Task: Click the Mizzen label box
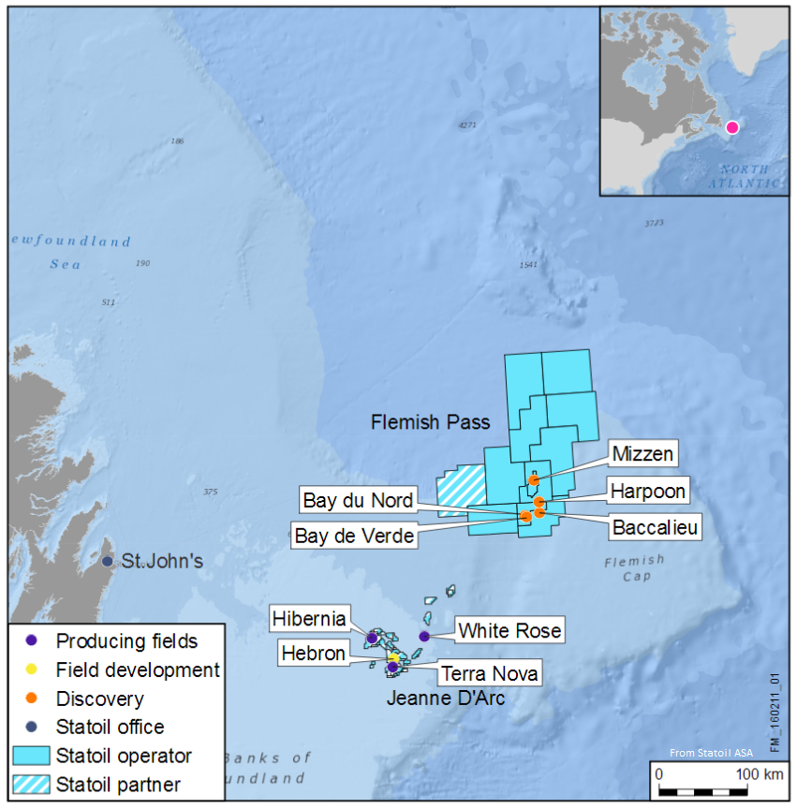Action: point(642,455)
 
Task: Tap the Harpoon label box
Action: point(647,491)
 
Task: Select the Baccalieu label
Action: point(656,528)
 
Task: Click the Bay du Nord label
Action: point(358,501)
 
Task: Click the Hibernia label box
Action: point(309,619)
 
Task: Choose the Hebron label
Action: point(313,654)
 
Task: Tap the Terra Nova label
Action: point(489,673)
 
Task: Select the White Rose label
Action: point(509,631)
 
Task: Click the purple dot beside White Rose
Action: point(424,637)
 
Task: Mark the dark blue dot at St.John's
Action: point(107,561)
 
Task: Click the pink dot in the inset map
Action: point(731,127)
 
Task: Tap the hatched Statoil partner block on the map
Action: point(462,488)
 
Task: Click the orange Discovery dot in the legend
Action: point(32,699)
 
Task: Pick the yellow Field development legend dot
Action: point(32,669)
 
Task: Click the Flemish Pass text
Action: point(430,422)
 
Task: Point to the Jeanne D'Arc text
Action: point(446,698)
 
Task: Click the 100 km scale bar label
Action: point(760,774)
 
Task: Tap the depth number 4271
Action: point(467,125)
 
